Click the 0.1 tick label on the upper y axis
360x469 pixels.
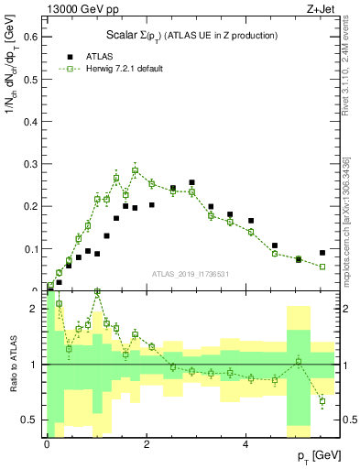click(31, 248)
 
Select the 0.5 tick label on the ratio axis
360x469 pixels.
click(31, 420)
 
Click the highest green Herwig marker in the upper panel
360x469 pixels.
click(135, 170)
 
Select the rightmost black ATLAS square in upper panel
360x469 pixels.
click(322, 253)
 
